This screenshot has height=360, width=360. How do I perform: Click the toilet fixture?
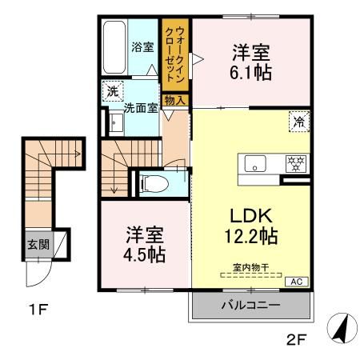pyautogui.click(x=153, y=183)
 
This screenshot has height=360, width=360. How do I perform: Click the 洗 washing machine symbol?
pyautogui.click(x=113, y=91)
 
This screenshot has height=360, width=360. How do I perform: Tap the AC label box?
pyautogui.click(x=295, y=281)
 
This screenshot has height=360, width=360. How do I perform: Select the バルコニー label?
pyautogui.click(x=250, y=306)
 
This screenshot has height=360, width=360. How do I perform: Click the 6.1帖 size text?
pyautogui.click(x=250, y=71)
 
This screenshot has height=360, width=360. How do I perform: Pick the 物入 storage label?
pyautogui.click(x=174, y=100)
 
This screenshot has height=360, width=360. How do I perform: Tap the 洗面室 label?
pyautogui.click(x=141, y=108)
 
